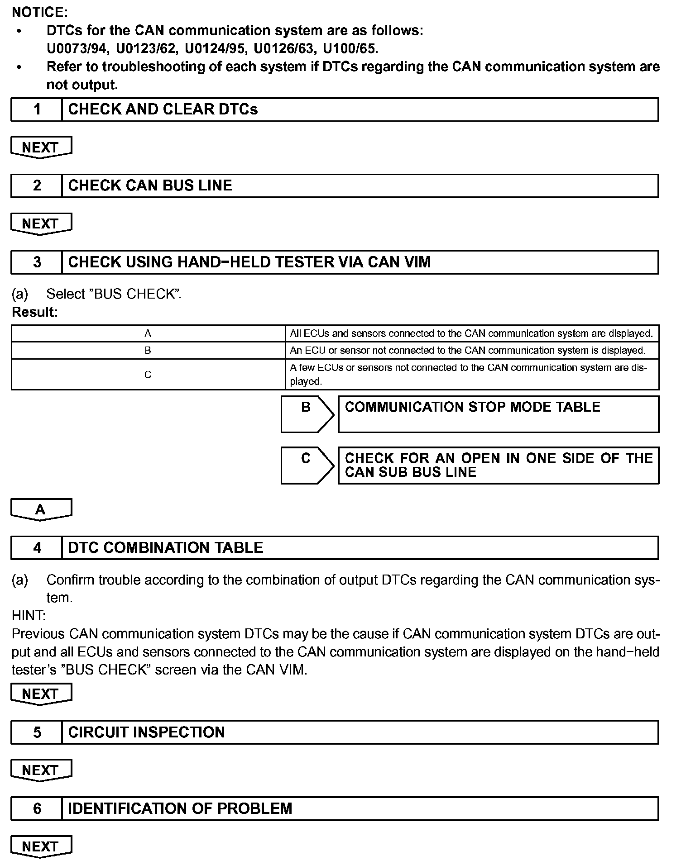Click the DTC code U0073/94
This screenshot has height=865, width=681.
click(77, 48)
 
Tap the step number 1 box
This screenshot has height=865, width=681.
click(37, 109)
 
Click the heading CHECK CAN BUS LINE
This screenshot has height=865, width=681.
click(150, 185)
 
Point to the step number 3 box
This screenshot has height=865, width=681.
click(37, 262)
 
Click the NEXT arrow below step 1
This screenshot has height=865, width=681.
click(41, 147)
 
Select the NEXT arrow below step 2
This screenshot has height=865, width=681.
click(41, 224)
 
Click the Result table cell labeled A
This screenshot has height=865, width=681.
click(148, 333)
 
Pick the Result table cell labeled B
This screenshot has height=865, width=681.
click(148, 351)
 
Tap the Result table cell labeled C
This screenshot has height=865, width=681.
click(148, 375)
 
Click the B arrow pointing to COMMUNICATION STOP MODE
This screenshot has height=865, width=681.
click(307, 414)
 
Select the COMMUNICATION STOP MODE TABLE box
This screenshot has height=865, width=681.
click(498, 414)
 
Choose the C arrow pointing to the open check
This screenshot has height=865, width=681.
click(307, 465)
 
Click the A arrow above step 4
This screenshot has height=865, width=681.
click(41, 510)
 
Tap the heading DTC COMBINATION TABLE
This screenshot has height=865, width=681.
click(165, 548)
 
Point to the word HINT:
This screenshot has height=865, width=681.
click(29, 616)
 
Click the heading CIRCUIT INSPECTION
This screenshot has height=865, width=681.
click(146, 732)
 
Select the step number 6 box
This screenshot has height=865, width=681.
click(37, 809)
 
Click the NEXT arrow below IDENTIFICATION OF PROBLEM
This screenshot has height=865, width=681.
click(41, 846)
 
